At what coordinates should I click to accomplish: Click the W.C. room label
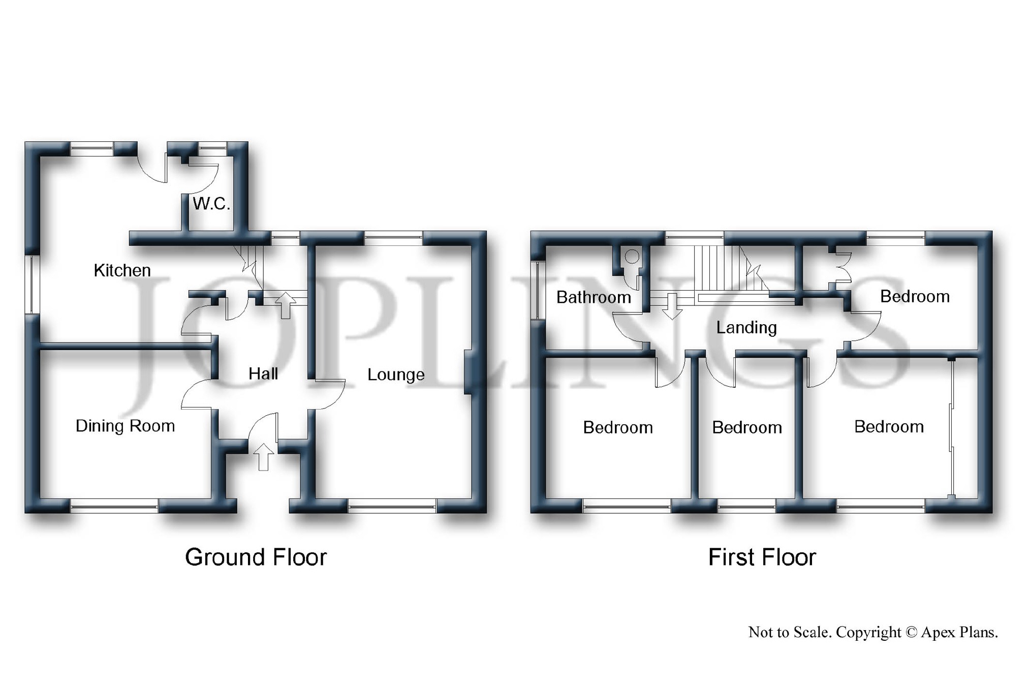click(211, 204)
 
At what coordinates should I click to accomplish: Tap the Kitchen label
click(122, 270)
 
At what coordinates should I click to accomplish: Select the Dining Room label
click(126, 426)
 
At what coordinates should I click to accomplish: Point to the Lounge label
click(396, 375)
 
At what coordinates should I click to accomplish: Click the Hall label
click(263, 374)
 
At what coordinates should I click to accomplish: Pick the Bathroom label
click(594, 297)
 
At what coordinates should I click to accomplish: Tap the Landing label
click(746, 328)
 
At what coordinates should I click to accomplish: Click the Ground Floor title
click(256, 557)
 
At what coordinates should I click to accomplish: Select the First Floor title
click(762, 557)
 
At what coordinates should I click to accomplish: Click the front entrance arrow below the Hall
click(263, 457)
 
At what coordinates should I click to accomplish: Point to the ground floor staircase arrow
click(286, 305)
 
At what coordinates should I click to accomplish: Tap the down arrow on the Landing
click(672, 306)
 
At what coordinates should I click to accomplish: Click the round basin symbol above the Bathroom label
click(632, 257)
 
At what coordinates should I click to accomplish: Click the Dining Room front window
click(114, 506)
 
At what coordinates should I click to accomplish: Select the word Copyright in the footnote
click(868, 632)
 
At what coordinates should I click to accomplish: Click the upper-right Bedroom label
click(915, 296)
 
